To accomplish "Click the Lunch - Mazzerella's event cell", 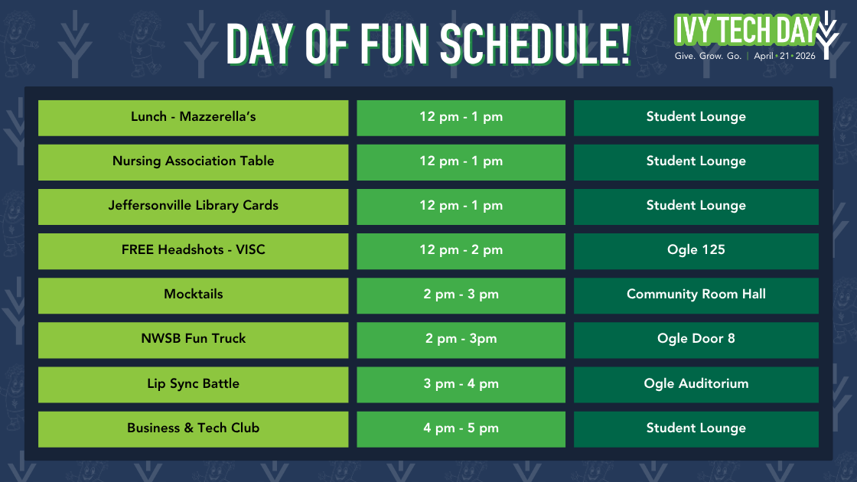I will click(x=193, y=117).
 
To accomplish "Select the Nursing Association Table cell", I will click(x=193, y=161).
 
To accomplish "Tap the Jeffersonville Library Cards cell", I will click(x=193, y=206).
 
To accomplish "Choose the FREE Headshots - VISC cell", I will click(x=193, y=250).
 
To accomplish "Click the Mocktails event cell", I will click(x=193, y=295).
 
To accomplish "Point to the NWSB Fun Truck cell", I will click(x=193, y=339).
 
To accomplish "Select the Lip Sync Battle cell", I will click(x=193, y=384).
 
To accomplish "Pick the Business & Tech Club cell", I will click(x=193, y=428).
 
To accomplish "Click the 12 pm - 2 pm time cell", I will click(x=461, y=250).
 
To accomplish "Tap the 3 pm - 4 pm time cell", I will click(x=461, y=384).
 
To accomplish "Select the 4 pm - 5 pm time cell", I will click(x=461, y=428).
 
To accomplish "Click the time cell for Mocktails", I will click(x=461, y=295).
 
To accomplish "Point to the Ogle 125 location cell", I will click(x=696, y=250).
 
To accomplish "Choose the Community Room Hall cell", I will click(x=696, y=295).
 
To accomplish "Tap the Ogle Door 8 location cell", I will click(x=696, y=339).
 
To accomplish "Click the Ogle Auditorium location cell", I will click(x=696, y=384).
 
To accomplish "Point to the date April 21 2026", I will click(x=784, y=57).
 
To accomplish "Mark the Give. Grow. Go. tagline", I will click(x=707, y=57).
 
